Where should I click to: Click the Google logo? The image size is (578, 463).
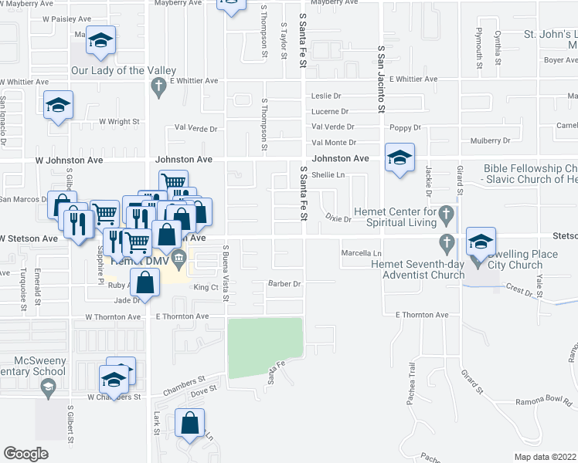pyautogui.click(x=26, y=453)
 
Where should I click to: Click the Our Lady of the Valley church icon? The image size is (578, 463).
pyautogui.click(x=159, y=87)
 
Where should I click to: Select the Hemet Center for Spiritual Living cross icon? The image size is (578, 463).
pyautogui.click(x=445, y=212)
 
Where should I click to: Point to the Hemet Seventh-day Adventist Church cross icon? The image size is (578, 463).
pyautogui.click(x=445, y=244)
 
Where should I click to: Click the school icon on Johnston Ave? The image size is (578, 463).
pyautogui.click(x=399, y=159)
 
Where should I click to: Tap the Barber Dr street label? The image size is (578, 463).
pyautogui.click(x=284, y=284)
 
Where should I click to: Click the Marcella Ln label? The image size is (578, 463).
pyautogui.click(x=362, y=253)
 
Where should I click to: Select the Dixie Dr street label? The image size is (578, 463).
pyautogui.click(x=338, y=219)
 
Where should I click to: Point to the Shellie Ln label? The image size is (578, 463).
pyautogui.click(x=328, y=175)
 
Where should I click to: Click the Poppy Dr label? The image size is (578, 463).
pyautogui.click(x=405, y=127)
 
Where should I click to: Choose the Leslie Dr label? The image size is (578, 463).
pyautogui.click(x=325, y=96)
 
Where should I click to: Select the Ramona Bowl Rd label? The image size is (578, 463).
pyautogui.click(x=545, y=404)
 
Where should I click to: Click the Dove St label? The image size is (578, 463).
pyautogui.click(x=202, y=391)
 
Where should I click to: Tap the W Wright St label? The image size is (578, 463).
pyautogui.click(x=119, y=122)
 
